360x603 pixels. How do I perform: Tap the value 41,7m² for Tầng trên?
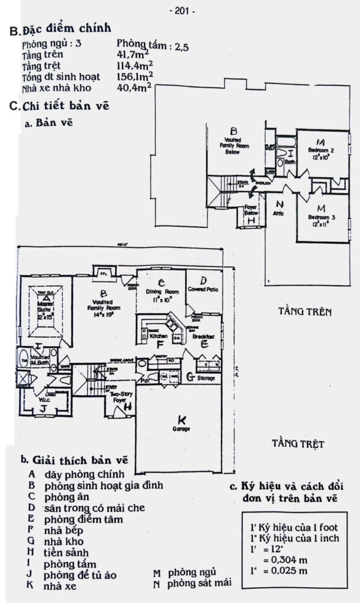click(x=135, y=55)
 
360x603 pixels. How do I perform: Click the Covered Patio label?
click(x=204, y=290)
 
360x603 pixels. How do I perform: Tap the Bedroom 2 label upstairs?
click(x=321, y=151)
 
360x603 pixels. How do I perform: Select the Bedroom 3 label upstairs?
click(x=322, y=218)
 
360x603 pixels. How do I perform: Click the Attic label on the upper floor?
click(x=279, y=213)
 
